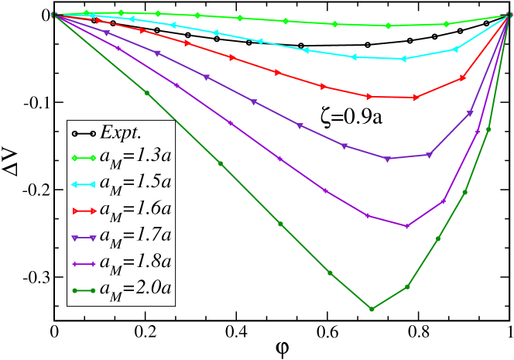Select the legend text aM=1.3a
(135, 156)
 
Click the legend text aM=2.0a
(135, 289)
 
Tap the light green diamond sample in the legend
(83, 157)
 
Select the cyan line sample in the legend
(83, 183)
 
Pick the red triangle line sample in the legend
(83, 210)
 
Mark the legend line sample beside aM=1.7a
(83, 237)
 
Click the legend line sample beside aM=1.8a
(83, 263)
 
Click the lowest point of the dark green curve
(372, 309)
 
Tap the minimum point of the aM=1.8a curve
(406, 226)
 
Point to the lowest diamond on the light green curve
(389, 26)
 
